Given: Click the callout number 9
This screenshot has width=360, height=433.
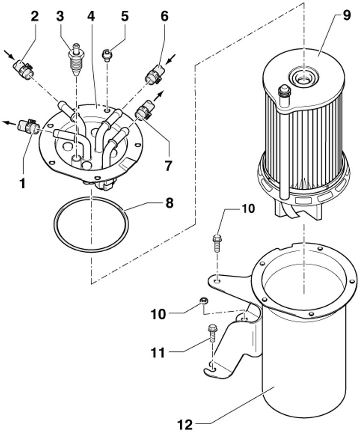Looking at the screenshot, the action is click(346, 16).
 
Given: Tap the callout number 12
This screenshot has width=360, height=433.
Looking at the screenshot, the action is click(185, 424).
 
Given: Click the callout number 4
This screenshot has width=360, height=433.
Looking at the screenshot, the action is click(91, 16).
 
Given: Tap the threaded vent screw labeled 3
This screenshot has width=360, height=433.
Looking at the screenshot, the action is click(75, 59).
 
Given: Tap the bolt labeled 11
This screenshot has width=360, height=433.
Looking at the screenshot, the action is click(212, 334).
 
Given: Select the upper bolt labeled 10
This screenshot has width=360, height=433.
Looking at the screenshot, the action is click(217, 242).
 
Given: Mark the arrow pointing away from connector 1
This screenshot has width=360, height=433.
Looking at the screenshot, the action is click(9, 122).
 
